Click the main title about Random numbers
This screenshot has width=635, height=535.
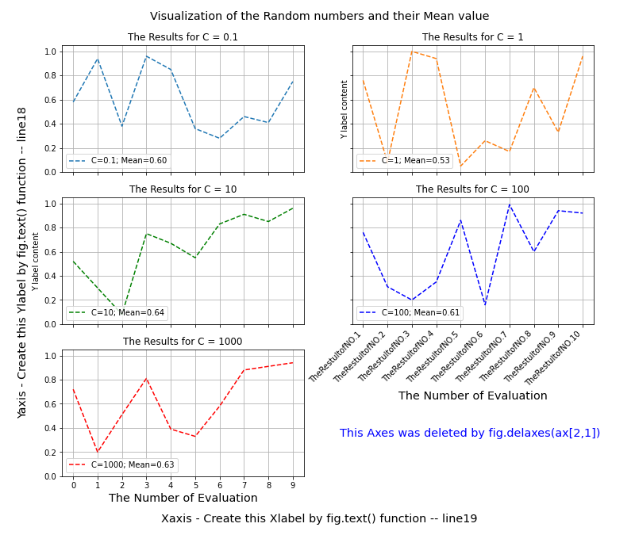point(319,16)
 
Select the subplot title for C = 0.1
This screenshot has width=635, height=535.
point(183,37)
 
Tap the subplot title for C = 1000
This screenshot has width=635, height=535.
point(183,342)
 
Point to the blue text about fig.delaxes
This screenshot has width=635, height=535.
point(470,433)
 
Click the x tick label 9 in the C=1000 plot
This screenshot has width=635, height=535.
point(293,484)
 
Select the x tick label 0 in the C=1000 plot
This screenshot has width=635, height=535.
point(73,484)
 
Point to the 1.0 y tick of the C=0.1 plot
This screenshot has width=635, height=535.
point(50,52)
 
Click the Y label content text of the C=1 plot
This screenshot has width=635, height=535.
point(344,109)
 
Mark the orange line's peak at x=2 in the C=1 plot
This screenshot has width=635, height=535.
point(412,52)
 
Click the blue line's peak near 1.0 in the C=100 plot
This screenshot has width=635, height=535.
point(509,204)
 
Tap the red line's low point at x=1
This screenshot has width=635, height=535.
point(98,453)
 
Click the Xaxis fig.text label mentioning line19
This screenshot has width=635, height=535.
point(319,518)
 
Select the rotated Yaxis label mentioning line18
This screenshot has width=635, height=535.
point(22,262)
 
